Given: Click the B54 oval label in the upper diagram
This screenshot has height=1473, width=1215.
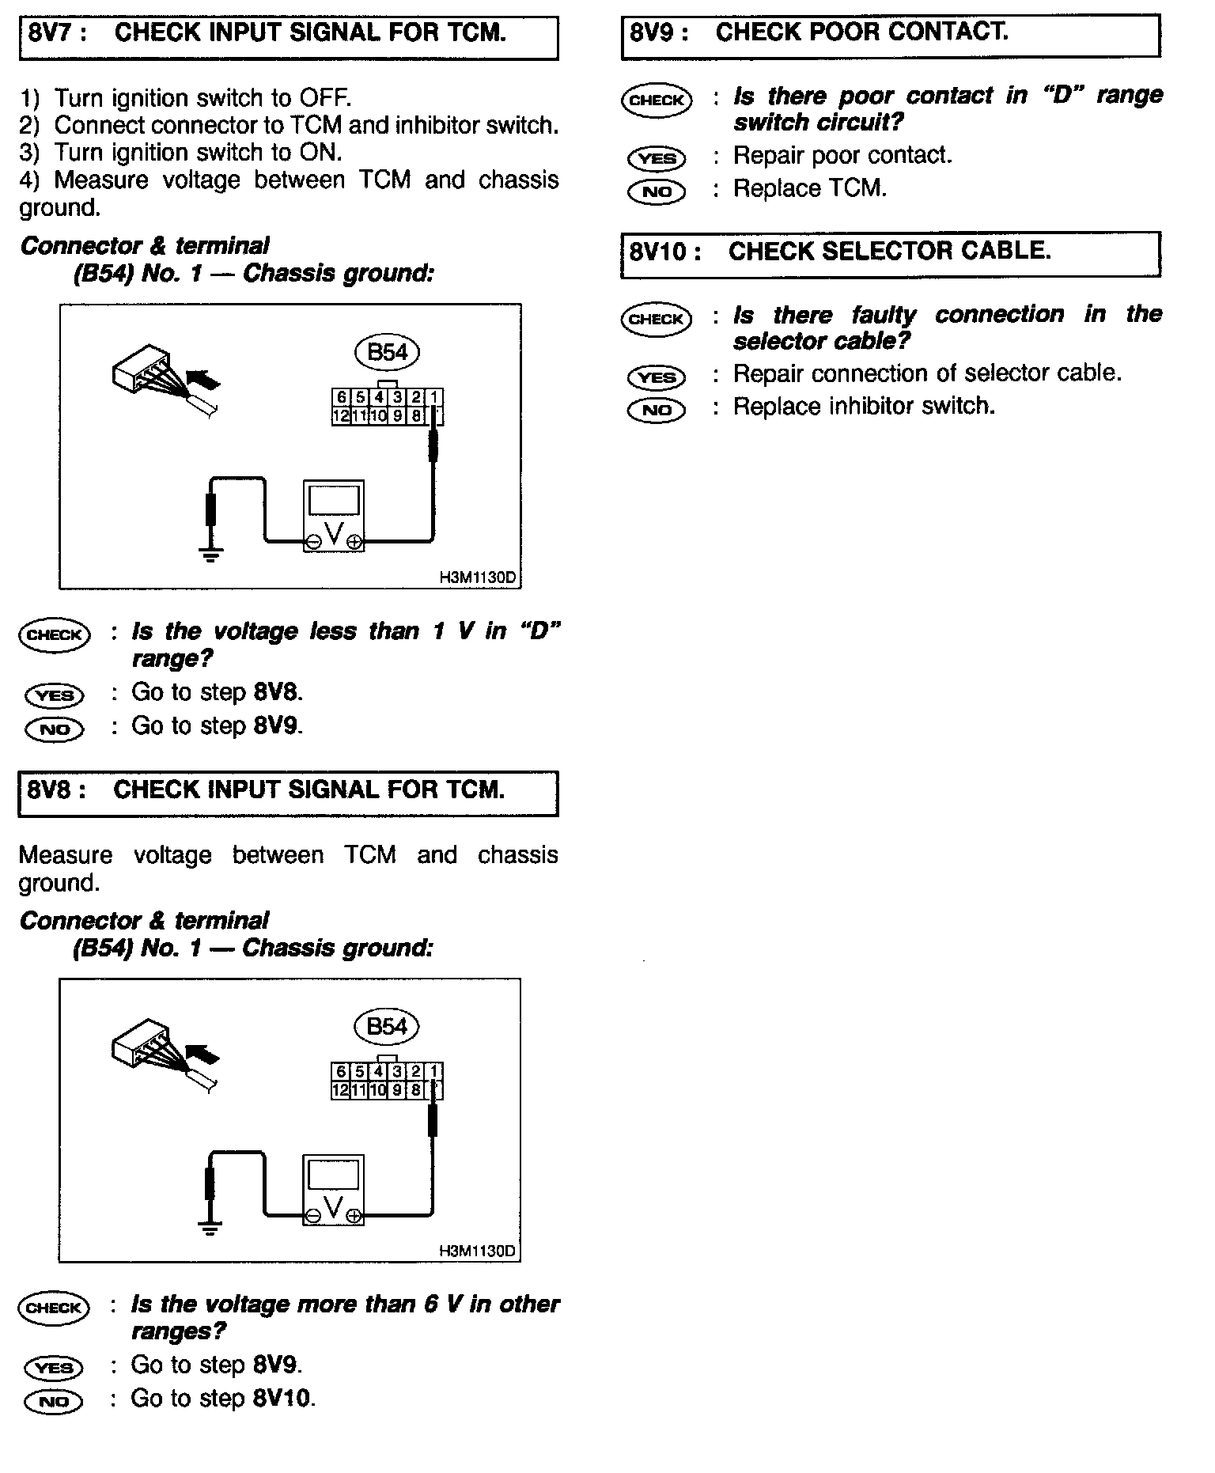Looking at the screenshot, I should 387,352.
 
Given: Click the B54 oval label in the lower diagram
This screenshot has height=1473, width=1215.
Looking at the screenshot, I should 387,1027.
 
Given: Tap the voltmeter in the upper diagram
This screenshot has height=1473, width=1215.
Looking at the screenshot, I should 334,516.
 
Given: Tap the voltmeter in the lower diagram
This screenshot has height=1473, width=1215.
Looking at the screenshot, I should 334,1191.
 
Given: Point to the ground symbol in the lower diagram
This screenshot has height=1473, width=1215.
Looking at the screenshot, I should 210,1228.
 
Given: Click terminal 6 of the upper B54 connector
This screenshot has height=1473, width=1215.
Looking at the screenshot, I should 341,398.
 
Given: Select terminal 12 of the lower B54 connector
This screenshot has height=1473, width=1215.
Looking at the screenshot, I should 341,1089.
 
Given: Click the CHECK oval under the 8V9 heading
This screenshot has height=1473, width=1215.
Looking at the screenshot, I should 657,100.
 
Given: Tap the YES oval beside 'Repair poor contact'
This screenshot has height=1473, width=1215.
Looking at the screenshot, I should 657,158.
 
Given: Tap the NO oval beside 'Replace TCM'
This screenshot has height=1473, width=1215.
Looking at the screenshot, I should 657,191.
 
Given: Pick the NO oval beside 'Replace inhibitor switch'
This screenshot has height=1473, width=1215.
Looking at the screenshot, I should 657,410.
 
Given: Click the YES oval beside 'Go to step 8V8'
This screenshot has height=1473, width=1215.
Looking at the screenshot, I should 55,695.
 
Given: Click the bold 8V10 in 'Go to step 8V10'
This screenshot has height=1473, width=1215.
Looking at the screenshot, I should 282,1399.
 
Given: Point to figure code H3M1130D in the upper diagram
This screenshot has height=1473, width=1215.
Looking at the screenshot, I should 477,577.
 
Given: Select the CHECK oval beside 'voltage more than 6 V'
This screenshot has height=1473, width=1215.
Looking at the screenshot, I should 54,1308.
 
